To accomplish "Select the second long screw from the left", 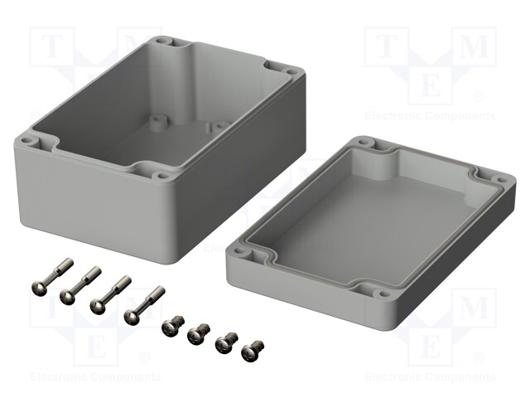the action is tap(80, 285).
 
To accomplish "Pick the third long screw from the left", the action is tap(110, 295).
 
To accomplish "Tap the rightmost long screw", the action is tap(144, 306).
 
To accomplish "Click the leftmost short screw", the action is tap(173, 324).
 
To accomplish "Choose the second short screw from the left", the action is tap(199, 332).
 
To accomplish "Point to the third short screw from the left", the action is tap(227, 342).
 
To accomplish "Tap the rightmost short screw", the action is tap(253, 350).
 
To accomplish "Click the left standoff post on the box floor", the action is tap(157, 124).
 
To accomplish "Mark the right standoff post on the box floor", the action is tap(215, 128).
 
